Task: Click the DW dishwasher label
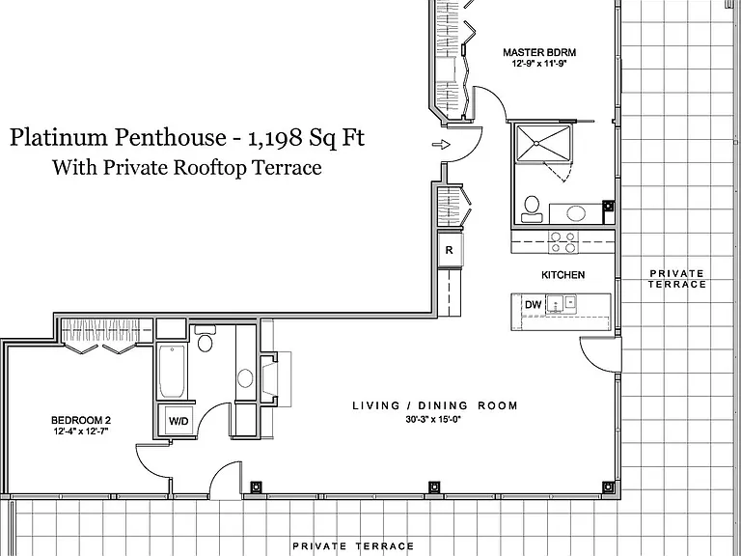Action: [x=533, y=305]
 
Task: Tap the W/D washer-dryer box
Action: [x=178, y=421]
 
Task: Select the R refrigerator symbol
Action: [x=450, y=250]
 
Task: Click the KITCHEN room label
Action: [x=563, y=275]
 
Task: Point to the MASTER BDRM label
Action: [x=539, y=52]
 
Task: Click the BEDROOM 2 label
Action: [x=81, y=420]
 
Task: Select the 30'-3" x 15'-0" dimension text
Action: [x=433, y=419]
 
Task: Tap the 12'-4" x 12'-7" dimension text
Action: [x=81, y=431]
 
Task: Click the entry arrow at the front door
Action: [x=441, y=145]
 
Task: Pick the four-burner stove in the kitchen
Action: [x=563, y=241]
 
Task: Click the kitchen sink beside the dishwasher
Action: [x=562, y=303]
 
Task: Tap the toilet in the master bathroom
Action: [x=532, y=209]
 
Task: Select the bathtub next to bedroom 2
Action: [x=172, y=372]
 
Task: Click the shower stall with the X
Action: [x=543, y=143]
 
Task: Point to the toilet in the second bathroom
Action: [x=205, y=339]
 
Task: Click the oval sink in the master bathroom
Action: [x=576, y=213]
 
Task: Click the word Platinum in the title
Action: [x=59, y=138]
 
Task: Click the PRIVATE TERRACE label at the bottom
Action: [x=353, y=546]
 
